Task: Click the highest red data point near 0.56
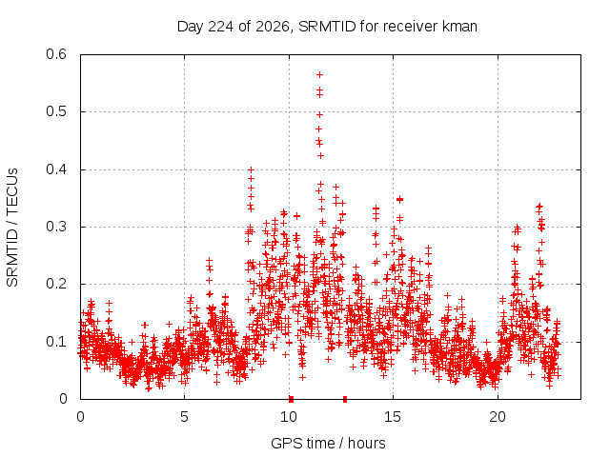[320, 74]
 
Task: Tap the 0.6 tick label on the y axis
[56, 54]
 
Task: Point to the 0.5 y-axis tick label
[56, 111]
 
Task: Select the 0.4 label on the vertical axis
[56, 169]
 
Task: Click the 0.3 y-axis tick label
[56, 227]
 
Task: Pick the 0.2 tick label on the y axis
[56, 284]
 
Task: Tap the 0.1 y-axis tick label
[56, 342]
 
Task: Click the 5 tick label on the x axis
[184, 417]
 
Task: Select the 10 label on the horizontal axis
[289, 417]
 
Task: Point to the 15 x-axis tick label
[393, 417]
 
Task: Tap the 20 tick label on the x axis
[498, 417]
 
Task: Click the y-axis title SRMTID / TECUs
[12, 228]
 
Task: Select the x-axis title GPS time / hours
[328, 444]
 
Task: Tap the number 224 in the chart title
[221, 27]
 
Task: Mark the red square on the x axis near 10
[291, 399]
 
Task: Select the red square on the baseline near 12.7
[345, 399]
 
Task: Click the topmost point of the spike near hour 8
[251, 169]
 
